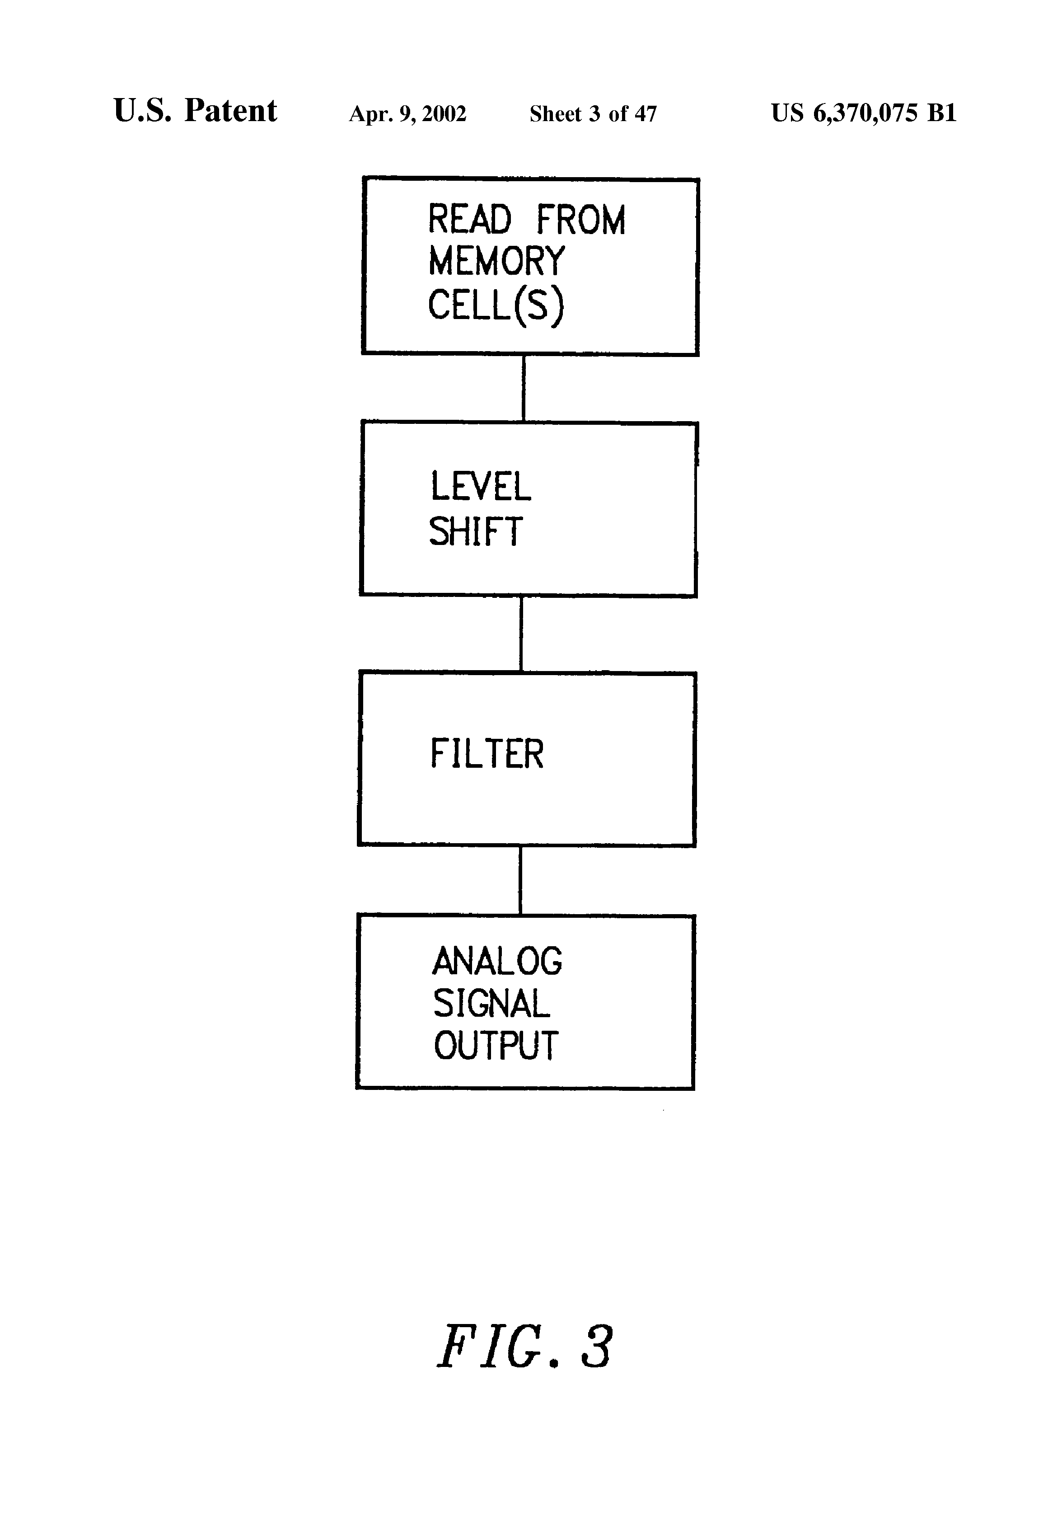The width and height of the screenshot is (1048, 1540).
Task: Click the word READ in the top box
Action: tap(470, 220)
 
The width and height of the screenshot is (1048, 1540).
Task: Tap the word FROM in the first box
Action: tap(581, 221)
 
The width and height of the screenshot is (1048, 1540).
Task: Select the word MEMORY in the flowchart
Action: tap(496, 261)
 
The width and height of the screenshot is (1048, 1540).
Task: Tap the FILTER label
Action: tap(487, 754)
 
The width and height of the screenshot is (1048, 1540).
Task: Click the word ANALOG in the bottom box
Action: tap(497, 962)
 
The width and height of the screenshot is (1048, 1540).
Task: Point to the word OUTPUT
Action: tap(496, 1046)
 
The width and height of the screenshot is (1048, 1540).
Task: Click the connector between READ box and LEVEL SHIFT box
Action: tap(524, 388)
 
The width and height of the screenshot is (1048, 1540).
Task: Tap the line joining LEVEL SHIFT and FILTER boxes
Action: tap(521, 634)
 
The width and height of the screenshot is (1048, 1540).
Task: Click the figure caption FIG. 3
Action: tap(524, 1347)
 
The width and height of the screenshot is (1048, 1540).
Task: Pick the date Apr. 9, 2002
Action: tap(407, 114)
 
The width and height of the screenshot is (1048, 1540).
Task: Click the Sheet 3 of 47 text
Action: tap(593, 114)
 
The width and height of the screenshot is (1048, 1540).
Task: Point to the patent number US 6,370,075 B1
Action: tap(864, 113)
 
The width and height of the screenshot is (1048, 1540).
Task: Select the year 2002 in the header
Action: tap(444, 114)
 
